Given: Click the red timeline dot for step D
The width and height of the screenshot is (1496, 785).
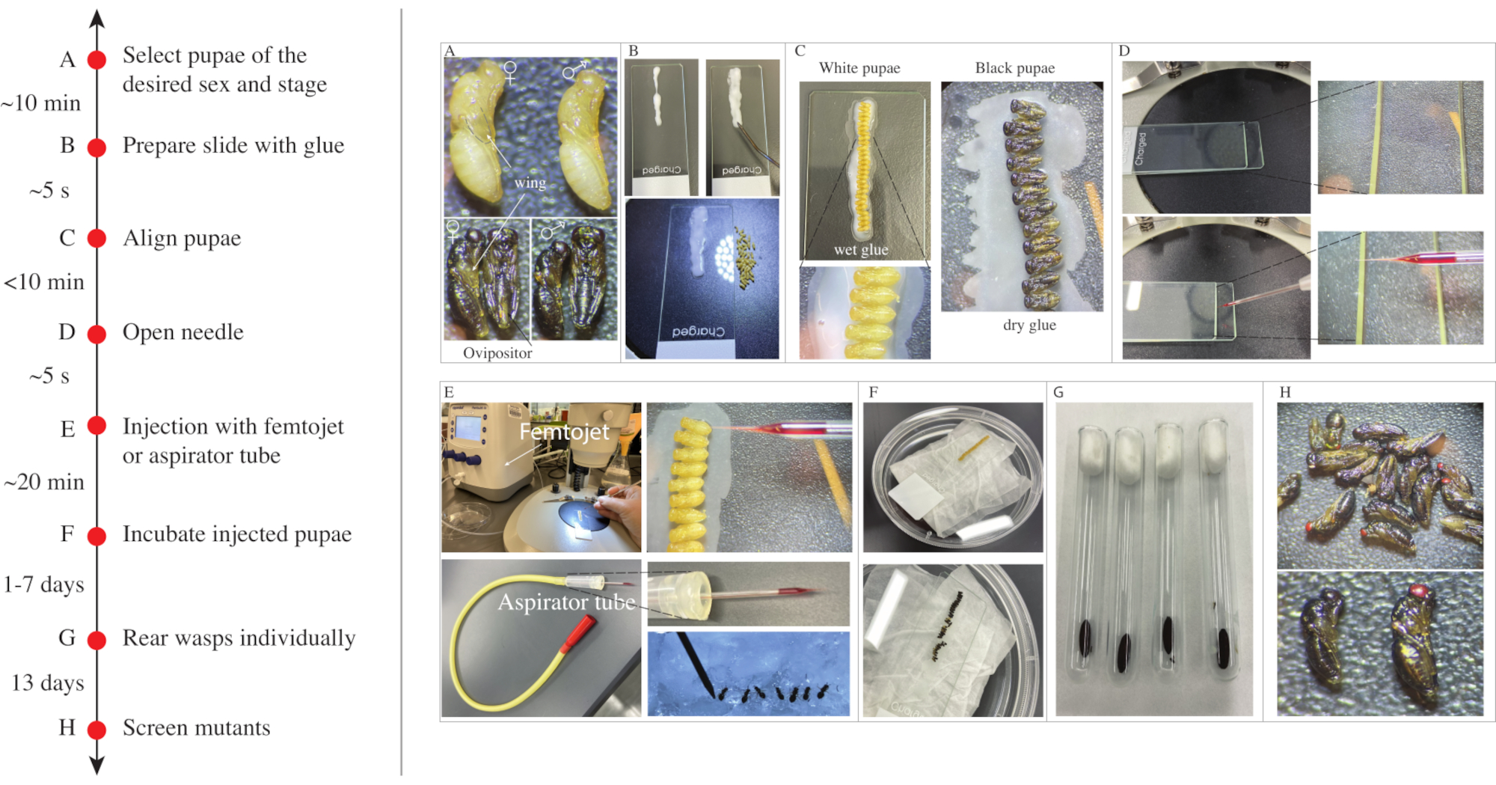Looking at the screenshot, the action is (x=96, y=334).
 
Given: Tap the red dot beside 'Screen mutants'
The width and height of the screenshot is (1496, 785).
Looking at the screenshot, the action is (x=96, y=729).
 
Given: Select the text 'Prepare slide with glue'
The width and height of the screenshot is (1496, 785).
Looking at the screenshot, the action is (x=233, y=145).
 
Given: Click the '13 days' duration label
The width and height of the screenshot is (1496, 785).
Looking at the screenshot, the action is (x=48, y=682).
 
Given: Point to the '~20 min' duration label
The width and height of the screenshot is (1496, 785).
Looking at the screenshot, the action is (x=44, y=482).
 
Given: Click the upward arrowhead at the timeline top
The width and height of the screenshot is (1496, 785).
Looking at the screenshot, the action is (x=96, y=18).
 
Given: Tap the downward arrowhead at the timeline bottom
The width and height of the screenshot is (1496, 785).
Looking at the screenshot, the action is (x=96, y=765).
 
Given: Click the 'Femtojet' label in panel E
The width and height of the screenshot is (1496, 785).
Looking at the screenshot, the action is (x=565, y=432).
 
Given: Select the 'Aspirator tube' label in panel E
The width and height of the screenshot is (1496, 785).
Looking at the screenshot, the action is (x=567, y=602).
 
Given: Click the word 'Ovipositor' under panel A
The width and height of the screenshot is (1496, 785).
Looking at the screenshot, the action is (x=497, y=353).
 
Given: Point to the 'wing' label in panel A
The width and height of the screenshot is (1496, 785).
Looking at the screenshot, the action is (x=530, y=183).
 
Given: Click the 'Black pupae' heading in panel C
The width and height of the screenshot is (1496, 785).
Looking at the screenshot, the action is (x=1015, y=68).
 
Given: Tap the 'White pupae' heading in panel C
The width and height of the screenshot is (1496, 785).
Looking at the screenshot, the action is (x=859, y=68).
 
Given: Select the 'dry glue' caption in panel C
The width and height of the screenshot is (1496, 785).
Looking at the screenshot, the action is (x=1029, y=325).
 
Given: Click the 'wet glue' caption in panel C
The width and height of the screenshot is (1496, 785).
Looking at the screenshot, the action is (x=861, y=250).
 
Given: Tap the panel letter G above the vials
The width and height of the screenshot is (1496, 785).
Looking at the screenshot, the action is (x=1058, y=392).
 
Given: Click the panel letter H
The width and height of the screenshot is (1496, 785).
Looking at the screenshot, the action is (x=1285, y=392).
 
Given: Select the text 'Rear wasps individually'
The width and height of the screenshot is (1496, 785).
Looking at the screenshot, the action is (x=239, y=638).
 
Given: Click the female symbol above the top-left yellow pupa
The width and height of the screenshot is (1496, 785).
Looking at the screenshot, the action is (x=510, y=72).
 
